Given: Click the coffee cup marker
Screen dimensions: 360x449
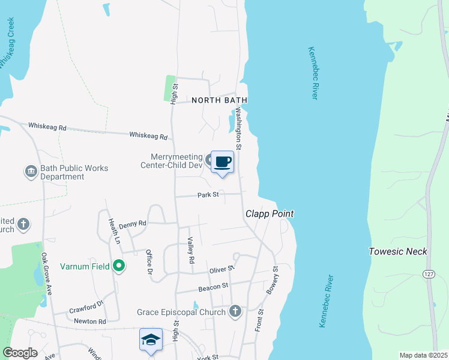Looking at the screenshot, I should pyautogui.click(x=222, y=162).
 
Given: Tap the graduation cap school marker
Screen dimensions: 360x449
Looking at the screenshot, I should pyautogui.click(x=151, y=340).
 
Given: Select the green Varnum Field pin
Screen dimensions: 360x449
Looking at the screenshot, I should pyautogui.click(x=119, y=265).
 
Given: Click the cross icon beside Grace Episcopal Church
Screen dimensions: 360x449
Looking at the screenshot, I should pyautogui.click(x=235, y=311).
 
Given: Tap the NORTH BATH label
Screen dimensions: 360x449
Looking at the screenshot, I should pyautogui.click(x=220, y=100).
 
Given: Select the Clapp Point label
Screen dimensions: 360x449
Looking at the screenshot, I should pyautogui.click(x=270, y=214).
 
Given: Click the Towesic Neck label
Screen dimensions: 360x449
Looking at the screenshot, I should pyautogui.click(x=398, y=251).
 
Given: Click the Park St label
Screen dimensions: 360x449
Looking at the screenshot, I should pyautogui.click(x=209, y=194).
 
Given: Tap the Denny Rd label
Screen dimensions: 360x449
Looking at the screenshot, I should pyautogui.click(x=132, y=224).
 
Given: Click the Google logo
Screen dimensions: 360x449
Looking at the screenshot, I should pyautogui.click(x=20, y=353).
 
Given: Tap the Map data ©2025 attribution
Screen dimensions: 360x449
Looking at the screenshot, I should pyautogui.click(x=423, y=355).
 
